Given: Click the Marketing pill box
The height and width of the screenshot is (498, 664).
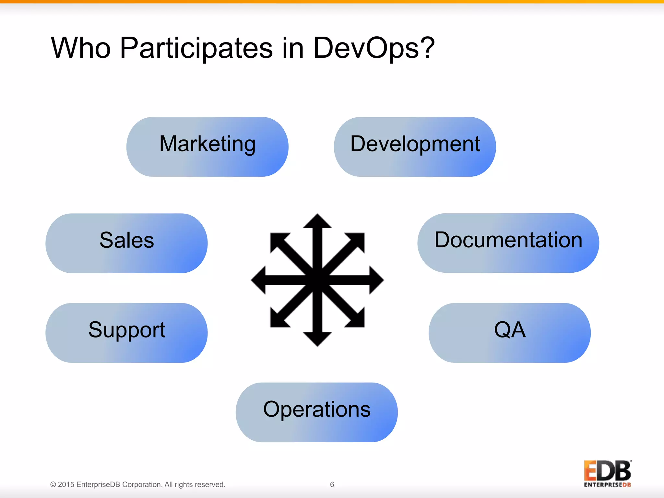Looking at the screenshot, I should click(207, 147).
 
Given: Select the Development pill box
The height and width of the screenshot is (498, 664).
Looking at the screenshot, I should click(415, 147).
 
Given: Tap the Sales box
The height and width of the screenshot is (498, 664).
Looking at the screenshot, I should click(126, 243).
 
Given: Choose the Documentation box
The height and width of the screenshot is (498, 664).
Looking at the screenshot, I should click(508, 243).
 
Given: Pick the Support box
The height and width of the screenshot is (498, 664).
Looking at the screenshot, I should click(126, 333).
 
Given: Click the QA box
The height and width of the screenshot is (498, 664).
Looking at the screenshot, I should click(509, 333).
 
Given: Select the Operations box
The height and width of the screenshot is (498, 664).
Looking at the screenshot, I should click(316, 412).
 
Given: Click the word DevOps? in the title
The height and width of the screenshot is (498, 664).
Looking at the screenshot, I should click(373, 48).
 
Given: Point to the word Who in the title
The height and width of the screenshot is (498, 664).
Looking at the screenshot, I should click(81, 48).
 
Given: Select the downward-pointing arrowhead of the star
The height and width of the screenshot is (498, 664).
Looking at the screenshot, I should click(317, 339).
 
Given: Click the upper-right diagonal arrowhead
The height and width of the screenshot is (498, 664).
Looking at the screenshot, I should click(357, 241).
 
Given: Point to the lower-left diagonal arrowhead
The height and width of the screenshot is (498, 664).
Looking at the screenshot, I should click(278, 320).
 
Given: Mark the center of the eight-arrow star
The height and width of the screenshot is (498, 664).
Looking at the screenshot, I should click(317, 280).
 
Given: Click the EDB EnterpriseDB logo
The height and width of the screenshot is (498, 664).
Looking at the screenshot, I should click(607, 473).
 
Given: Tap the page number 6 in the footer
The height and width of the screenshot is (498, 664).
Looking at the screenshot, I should click(332, 484).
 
